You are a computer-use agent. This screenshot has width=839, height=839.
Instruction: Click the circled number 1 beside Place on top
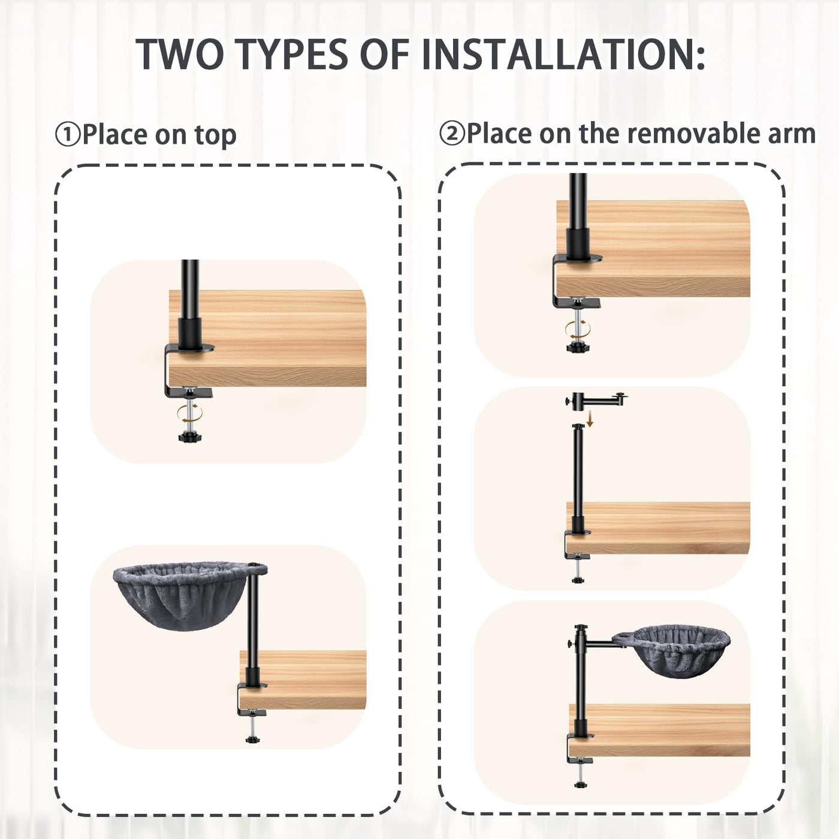pyautogui.click(x=68, y=134)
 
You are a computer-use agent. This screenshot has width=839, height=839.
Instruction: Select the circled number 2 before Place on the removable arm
pyautogui.click(x=452, y=134)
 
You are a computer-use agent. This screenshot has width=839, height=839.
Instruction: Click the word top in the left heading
pyautogui.click(x=216, y=136)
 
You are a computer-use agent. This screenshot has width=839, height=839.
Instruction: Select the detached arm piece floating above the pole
pyautogui.click(x=596, y=399)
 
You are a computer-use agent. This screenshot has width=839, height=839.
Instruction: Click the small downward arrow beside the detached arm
pyautogui.click(x=590, y=420)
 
